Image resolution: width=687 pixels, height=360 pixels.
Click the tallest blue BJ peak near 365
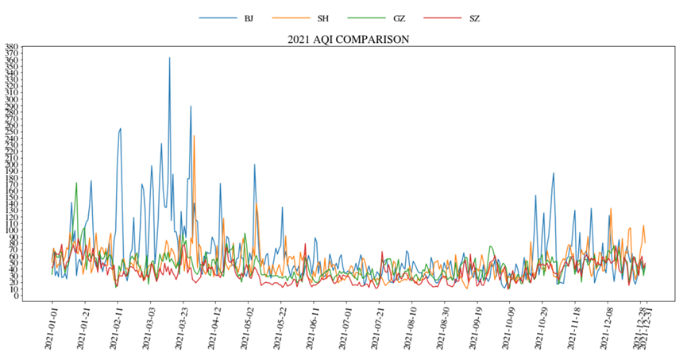[x=169, y=58]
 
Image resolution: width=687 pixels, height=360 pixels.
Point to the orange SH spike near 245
[x=194, y=136]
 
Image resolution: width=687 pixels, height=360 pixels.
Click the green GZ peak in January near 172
[x=76, y=184]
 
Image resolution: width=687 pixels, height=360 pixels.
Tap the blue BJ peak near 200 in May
[x=254, y=165]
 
